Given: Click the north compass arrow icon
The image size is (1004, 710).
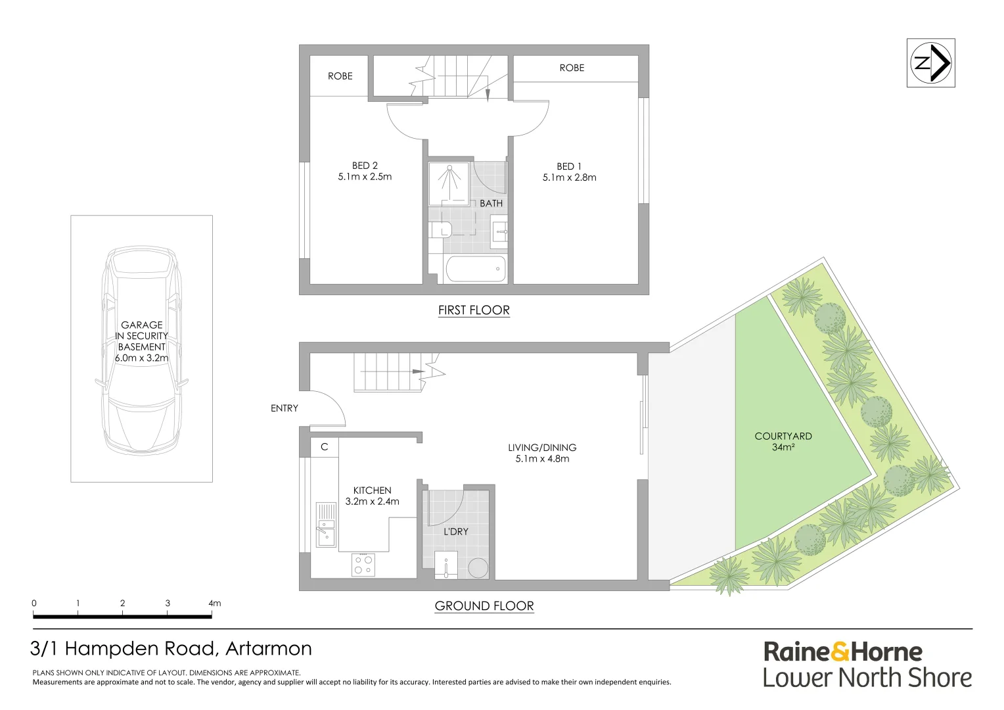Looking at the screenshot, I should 930,63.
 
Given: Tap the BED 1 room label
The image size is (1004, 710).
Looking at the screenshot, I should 569,166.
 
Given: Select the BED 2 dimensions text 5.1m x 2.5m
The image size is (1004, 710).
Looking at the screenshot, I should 365,177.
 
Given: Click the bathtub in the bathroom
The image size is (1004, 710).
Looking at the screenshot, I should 475,270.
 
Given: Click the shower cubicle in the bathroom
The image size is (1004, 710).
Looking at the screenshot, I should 449,182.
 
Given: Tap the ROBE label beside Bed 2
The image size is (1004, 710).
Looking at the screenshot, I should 340,76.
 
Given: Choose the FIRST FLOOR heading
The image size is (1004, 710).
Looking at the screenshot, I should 474,310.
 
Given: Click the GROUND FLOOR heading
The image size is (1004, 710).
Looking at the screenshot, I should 484,606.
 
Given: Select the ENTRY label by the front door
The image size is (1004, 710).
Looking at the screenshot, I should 285,408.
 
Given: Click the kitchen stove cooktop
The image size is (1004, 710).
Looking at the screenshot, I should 363,565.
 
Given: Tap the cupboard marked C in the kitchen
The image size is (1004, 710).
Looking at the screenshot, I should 324,447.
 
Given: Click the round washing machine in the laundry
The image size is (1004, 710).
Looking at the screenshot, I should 478,569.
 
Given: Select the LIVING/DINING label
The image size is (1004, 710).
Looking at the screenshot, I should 542,448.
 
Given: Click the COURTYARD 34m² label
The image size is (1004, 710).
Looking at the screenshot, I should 783,441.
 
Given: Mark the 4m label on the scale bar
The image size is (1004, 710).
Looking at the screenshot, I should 214,603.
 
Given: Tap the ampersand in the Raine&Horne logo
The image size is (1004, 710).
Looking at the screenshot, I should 840,652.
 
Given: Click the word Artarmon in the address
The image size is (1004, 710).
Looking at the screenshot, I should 268,649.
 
